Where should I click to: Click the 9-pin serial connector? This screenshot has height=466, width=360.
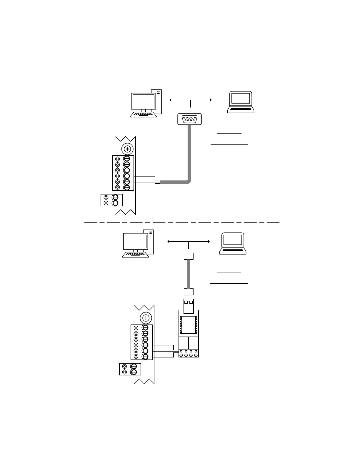point(190,119)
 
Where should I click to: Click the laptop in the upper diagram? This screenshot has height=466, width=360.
point(241,102)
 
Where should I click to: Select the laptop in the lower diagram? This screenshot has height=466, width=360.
point(233,243)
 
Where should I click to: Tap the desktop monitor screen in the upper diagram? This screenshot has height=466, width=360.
point(143,101)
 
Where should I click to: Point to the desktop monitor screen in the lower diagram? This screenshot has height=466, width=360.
point(135,242)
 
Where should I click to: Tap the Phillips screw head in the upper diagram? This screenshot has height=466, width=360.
point(127,149)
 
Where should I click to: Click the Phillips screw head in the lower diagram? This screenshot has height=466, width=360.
point(146,318)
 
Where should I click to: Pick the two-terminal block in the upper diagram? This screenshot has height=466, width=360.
point(111,200)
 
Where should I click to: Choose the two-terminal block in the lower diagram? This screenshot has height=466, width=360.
point(130,369)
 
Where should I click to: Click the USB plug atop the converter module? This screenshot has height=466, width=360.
point(189,306)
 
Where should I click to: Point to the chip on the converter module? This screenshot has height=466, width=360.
point(189,325)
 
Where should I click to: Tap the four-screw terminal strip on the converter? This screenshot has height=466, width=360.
point(189,353)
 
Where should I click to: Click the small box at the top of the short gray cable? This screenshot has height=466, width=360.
point(189,256)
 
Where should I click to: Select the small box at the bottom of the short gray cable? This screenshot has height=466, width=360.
point(189,292)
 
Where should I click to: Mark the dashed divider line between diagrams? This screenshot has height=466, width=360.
point(182,222)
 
